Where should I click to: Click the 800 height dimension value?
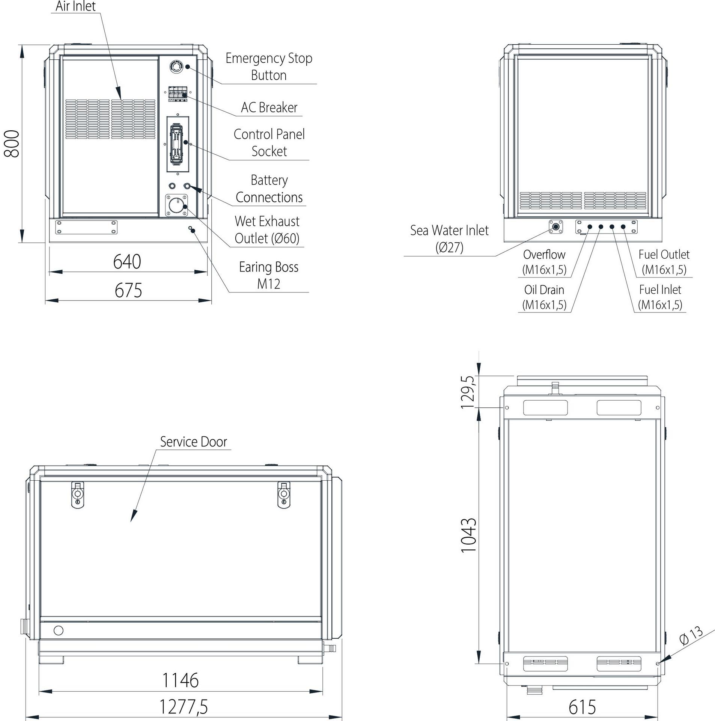point(11,143)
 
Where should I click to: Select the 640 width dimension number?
point(127,262)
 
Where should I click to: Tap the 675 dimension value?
point(128,291)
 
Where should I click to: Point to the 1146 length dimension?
point(180,680)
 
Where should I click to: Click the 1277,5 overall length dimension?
point(184,707)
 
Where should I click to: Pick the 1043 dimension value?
point(468,535)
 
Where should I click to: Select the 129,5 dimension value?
point(468,392)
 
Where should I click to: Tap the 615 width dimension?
point(582,707)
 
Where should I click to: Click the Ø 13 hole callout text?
point(691,635)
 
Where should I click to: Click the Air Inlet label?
point(75,6)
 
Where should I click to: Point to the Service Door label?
point(193,442)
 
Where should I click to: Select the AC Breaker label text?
point(269,108)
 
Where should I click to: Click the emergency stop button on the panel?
point(176,67)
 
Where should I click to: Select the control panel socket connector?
point(177,145)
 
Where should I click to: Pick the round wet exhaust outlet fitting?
point(176,205)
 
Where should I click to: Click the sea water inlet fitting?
point(555,227)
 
